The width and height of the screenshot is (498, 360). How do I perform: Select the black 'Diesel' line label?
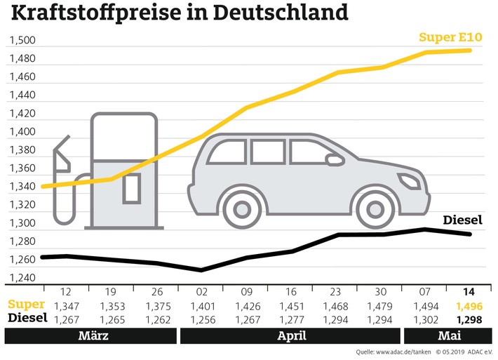tap(466, 220)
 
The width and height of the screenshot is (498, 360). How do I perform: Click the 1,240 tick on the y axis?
tap(22, 278)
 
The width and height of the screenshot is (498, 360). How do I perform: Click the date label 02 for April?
tap(202, 291)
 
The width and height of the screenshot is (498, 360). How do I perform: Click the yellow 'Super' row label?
tap(27, 305)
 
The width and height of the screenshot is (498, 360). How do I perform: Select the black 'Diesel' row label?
tap(27, 317)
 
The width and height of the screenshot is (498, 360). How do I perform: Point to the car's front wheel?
tap(374, 208)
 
